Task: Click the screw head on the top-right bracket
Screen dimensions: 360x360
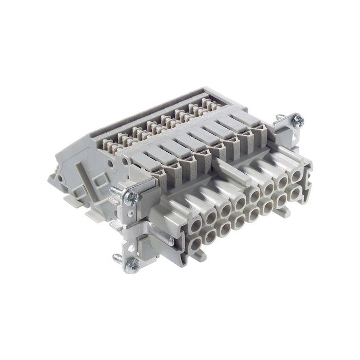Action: click(x=297, y=121)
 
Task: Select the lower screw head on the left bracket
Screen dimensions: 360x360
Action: click(x=132, y=265)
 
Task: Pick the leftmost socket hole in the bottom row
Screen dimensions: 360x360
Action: click(x=197, y=238)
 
